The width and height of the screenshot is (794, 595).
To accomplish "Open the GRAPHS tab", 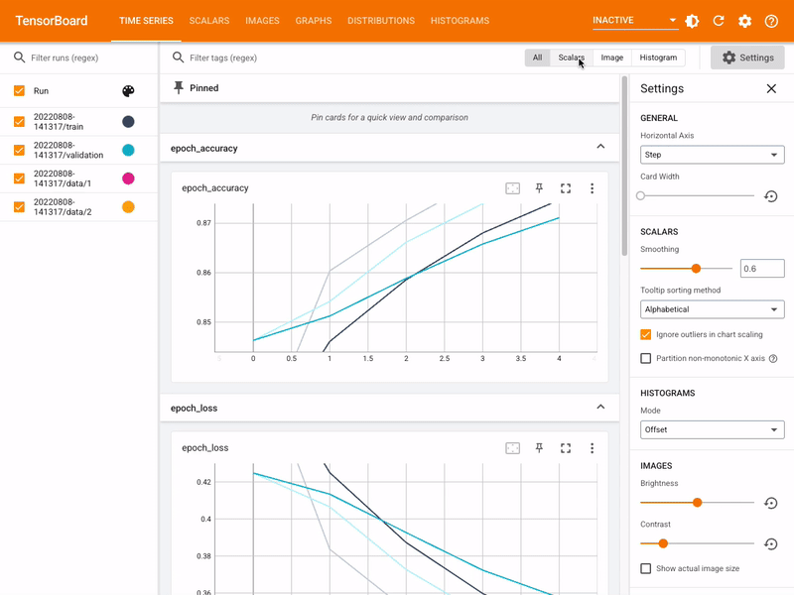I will coord(314,21).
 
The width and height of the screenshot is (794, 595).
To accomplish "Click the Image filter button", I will coord(612,58).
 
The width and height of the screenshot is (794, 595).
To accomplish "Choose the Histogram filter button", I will coord(658,58).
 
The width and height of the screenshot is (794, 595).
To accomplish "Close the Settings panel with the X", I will coord(771,89).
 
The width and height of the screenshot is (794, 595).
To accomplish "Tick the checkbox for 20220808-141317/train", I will coord(19,122).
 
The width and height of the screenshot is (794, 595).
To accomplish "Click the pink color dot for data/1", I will coord(128,178).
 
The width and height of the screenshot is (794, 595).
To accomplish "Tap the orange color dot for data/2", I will coord(128,207).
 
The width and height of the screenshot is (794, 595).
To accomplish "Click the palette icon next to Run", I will coord(128,91).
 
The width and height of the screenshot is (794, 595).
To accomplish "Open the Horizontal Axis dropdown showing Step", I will coord(712,155).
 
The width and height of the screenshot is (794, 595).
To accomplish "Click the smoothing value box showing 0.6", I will coord(762,269).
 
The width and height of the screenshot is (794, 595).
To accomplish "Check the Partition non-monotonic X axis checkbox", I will coord(646,358).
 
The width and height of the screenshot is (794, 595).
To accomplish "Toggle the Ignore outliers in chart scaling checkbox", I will coord(646,334).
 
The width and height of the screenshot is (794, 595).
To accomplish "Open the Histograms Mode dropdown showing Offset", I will coord(712,430).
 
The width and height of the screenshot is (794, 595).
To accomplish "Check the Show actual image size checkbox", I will coord(646,568).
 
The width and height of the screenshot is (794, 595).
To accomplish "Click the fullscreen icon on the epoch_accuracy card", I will coord(566,188).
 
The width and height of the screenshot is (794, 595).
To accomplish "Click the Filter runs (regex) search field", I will coord(84,58).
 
